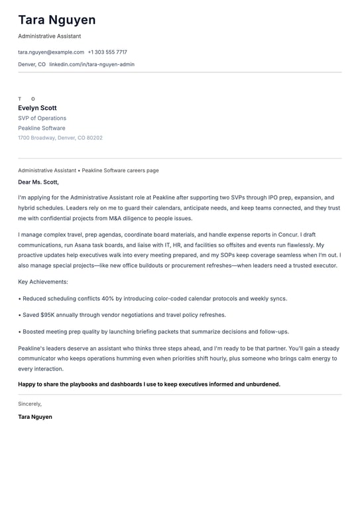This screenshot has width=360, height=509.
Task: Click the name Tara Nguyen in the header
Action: (x=57, y=20)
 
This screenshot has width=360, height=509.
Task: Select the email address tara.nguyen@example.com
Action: (x=51, y=52)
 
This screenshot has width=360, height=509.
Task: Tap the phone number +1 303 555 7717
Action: (x=107, y=52)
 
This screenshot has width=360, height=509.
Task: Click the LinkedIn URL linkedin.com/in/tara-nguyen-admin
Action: (x=91, y=64)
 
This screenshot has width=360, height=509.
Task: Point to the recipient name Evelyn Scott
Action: (x=37, y=108)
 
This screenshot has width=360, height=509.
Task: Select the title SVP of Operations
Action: (x=42, y=118)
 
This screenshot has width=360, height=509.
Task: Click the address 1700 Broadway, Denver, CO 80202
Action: (x=60, y=138)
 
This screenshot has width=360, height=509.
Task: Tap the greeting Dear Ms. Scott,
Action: (x=38, y=182)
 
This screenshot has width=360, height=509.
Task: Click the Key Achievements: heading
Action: (x=43, y=282)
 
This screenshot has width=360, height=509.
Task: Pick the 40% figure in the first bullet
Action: (x=108, y=298)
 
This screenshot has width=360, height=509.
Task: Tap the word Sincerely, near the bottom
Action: (x=30, y=404)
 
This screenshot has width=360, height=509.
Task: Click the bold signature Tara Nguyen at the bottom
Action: (x=35, y=417)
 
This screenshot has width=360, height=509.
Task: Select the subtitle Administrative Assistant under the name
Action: (x=50, y=36)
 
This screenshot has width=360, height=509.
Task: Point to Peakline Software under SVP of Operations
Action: (x=42, y=128)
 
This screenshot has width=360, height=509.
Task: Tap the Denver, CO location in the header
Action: (x=32, y=64)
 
